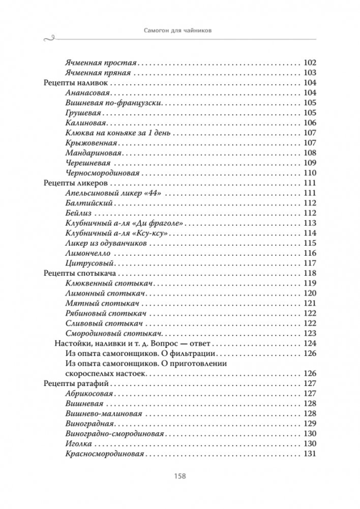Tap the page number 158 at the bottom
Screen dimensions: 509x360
[179, 476]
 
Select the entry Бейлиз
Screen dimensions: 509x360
[79, 213]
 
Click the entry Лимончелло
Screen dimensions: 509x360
[87, 253]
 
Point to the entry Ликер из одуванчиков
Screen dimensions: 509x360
[107, 243]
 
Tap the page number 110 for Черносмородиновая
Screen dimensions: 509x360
[310, 173]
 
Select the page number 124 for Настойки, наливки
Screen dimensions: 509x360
[310, 344]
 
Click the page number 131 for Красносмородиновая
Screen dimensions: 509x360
[310, 454]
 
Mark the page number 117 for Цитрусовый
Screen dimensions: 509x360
[310, 263]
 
